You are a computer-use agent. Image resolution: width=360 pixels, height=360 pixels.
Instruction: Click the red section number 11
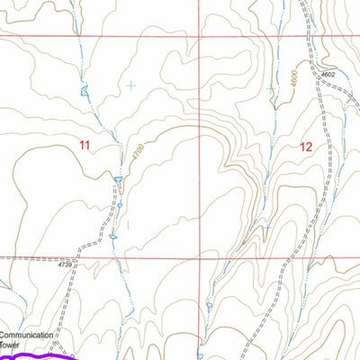[85, 145]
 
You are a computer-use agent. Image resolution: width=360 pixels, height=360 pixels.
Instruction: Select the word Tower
[10, 344]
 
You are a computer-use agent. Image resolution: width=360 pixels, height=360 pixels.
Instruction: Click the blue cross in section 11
[130, 85]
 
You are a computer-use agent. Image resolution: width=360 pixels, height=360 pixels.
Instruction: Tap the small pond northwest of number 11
[85, 90]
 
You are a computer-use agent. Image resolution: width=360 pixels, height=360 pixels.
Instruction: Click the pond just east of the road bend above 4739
[113, 237]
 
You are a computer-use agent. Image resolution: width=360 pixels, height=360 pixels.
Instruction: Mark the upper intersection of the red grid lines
[200, 39]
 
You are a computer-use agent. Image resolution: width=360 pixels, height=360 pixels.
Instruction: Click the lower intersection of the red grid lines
[200, 256]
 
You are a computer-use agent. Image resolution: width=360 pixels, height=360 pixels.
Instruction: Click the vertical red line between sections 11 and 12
[200, 144]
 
